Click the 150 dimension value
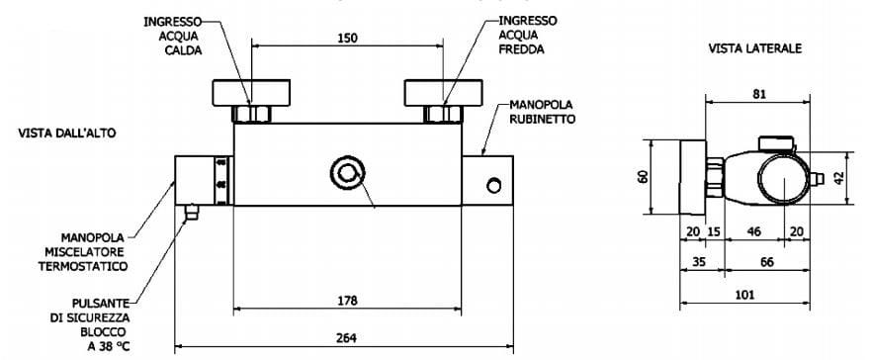click(x=346, y=38)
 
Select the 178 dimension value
click(x=346, y=300)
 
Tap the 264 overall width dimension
click(x=346, y=337)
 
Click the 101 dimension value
click(x=745, y=294)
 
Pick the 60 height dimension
click(x=643, y=177)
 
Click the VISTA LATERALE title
click(x=754, y=46)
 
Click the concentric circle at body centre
click(x=347, y=172)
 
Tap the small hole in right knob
click(x=494, y=183)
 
